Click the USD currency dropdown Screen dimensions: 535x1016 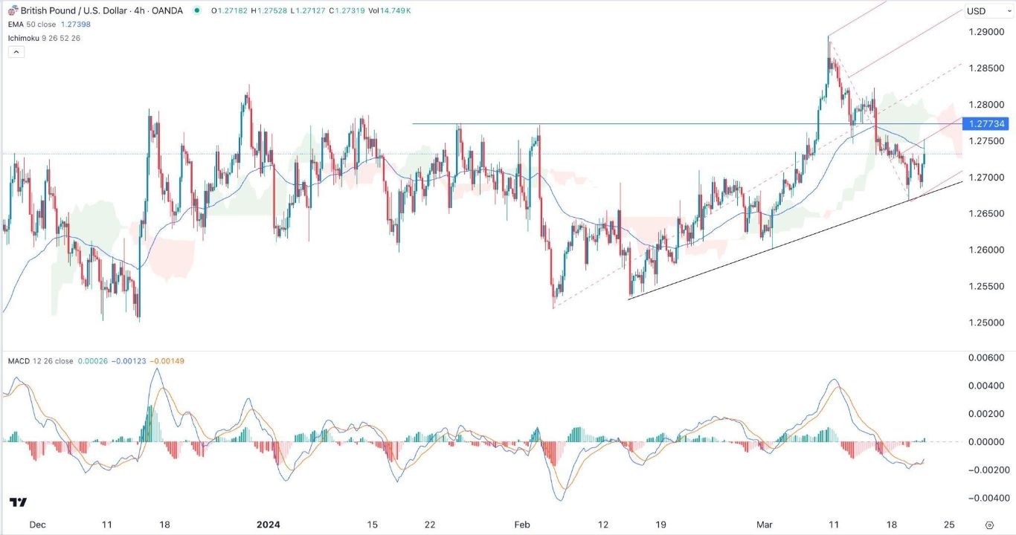pyautogui.click(x=981, y=11)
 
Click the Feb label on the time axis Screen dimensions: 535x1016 pyautogui.click(x=522, y=524)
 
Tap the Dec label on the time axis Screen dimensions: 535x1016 pyautogui.click(x=38, y=524)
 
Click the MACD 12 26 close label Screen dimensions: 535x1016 pyautogui.click(x=40, y=361)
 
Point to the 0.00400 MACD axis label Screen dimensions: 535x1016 pyautogui.click(x=988, y=386)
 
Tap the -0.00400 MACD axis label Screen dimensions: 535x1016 pyautogui.click(x=986, y=498)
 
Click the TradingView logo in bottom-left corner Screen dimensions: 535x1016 pyautogui.click(x=19, y=502)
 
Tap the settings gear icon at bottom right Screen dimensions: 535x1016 pyautogui.click(x=989, y=524)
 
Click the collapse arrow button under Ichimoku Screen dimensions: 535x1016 pyautogui.click(x=16, y=52)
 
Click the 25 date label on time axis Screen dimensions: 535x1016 pyautogui.click(x=949, y=524)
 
